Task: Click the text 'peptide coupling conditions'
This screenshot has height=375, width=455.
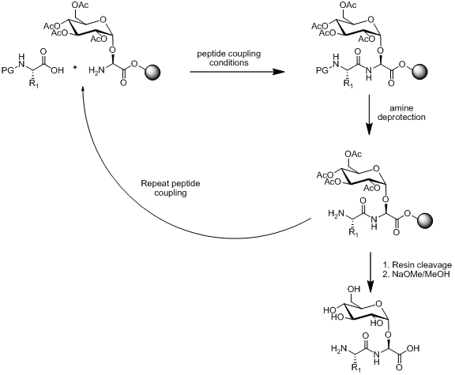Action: point(229,58)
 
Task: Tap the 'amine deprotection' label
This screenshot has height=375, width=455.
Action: point(401,113)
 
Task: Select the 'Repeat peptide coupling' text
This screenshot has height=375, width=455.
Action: point(171,188)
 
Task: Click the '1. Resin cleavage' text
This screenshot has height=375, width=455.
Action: point(417,264)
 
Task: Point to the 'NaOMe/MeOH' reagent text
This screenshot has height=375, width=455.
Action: point(421,274)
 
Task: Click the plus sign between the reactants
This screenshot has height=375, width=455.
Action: point(75,67)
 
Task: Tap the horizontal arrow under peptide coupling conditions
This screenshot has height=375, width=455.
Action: point(237,72)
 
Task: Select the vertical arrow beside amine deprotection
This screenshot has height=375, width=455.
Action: point(369,114)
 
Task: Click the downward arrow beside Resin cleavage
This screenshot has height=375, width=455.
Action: point(370,272)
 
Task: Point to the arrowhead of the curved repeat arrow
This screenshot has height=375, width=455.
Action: point(83,88)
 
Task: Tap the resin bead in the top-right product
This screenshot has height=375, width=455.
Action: point(419,71)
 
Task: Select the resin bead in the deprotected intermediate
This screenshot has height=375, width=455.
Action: point(424,221)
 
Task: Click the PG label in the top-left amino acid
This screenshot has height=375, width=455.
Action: point(8,70)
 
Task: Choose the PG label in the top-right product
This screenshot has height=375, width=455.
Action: point(322,70)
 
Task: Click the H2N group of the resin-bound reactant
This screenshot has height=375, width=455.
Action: point(96,70)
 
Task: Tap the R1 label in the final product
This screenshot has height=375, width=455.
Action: point(355,368)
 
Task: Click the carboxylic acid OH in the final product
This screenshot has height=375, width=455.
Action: point(413,348)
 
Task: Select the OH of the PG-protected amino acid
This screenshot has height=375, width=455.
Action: point(57,70)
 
